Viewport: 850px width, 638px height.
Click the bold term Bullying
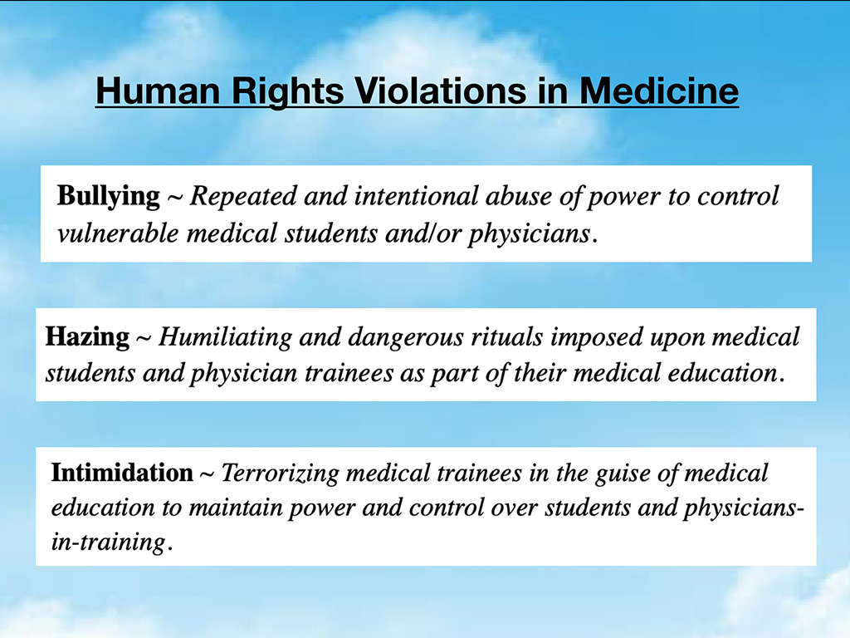point(109,197)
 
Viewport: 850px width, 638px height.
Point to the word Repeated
point(243,196)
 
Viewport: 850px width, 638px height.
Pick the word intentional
point(417,196)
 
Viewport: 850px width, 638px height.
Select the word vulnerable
point(118,233)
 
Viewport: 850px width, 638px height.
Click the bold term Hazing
point(87,337)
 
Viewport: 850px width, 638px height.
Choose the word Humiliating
point(225,337)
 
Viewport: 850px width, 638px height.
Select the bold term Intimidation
point(122,473)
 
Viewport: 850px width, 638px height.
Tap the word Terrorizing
point(281,474)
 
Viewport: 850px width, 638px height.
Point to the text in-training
point(109,542)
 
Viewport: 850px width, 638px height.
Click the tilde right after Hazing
point(143,339)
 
